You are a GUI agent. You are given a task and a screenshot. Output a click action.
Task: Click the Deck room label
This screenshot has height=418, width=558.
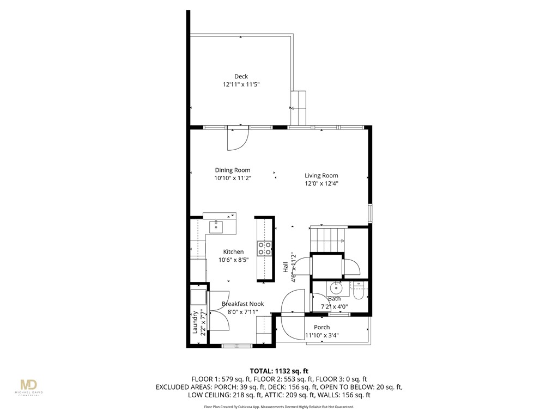coord(241,76)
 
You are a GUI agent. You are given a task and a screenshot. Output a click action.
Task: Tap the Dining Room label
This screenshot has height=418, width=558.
coord(233,170)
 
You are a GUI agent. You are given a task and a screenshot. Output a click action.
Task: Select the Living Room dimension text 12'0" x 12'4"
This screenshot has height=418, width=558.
coord(321,183)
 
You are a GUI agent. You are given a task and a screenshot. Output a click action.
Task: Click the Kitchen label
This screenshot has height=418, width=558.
coord(233,251)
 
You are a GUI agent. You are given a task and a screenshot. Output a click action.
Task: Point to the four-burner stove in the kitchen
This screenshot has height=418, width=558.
coord(265,249)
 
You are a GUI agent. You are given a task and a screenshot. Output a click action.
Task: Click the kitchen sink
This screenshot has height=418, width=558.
coord(217,225)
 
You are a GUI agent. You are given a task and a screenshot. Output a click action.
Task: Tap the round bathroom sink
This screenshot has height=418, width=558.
coord(336,288)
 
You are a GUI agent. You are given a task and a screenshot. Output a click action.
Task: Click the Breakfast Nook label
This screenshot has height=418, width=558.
coord(242,304)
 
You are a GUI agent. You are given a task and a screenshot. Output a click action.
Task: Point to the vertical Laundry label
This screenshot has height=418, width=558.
coord(195,322)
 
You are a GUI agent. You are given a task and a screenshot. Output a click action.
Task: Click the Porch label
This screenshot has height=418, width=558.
coord(322,327)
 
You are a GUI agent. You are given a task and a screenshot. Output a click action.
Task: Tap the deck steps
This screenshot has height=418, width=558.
coord(299,108)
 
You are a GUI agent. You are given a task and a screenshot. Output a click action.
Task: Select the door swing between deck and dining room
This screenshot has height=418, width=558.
coord(238,139)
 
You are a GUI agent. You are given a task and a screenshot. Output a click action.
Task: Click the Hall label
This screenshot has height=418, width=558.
coord(285,267)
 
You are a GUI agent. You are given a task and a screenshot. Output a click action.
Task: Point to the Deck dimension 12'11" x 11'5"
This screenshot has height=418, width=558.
coord(241,84)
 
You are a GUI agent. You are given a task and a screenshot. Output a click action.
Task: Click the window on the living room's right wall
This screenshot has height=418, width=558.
coord(369,212)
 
